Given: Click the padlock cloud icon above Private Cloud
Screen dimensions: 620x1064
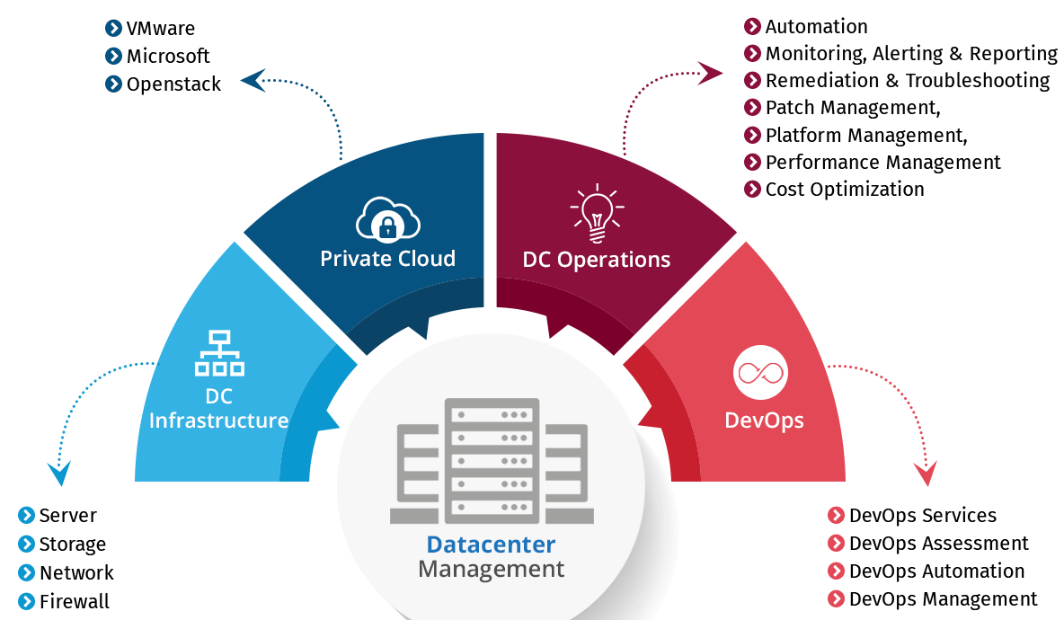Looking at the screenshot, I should (x=388, y=219).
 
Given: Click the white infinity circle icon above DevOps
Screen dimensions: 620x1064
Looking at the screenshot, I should (x=760, y=373).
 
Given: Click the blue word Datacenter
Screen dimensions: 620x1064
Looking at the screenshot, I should (x=491, y=545).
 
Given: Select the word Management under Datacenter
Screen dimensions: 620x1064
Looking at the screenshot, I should (x=491, y=570).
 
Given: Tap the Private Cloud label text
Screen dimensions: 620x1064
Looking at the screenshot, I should (x=388, y=259).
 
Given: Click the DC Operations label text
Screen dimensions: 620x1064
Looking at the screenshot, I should (x=597, y=260).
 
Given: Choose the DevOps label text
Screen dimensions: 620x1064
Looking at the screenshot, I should (x=764, y=420).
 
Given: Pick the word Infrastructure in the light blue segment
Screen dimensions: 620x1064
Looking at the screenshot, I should (x=218, y=421).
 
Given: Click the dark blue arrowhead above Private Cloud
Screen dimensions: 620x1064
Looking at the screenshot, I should (x=253, y=81).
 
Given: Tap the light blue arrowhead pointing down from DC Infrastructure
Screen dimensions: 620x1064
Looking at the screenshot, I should (x=59, y=473).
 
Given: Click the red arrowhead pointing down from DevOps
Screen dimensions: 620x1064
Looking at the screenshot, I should (x=925, y=473).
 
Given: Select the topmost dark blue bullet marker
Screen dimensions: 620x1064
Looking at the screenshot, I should (x=113, y=28).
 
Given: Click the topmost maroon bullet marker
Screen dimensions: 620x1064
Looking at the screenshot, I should (x=753, y=26).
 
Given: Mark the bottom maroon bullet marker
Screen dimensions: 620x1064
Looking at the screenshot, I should (x=753, y=189).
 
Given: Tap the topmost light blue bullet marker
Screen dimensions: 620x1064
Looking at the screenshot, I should (x=27, y=515).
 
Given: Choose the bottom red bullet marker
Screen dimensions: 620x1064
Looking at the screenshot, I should (x=836, y=598).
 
